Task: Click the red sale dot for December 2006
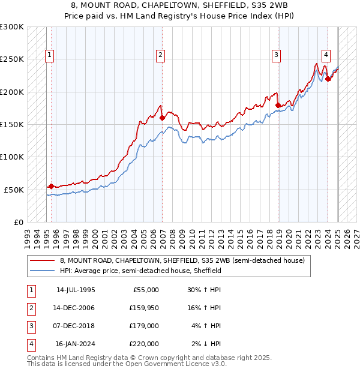pyautogui.click(x=162, y=118)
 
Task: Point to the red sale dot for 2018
pyautogui.click(x=278, y=105)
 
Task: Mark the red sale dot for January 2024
pyautogui.click(x=328, y=79)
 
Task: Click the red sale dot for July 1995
pyautogui.click(x=52, y=186)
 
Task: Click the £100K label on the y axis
pyautogui.click(x=12, y=157)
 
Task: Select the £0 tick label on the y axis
pyautogui.click(x=18, y=222)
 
